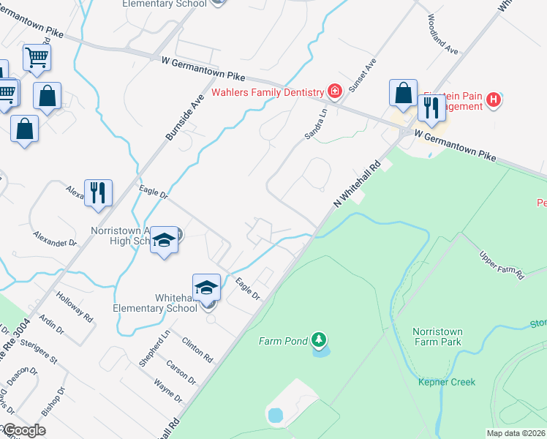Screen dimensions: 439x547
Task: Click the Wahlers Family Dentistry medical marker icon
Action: [x=334, y=91]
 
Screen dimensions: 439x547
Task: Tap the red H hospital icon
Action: [x=494, y=100]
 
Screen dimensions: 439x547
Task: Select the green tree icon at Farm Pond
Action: [x=317, y=339]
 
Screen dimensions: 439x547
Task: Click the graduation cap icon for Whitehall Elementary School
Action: [x=207, y=286]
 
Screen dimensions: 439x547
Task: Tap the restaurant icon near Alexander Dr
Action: [x=98, y=192]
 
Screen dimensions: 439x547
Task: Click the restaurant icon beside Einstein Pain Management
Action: [x=431, y=108]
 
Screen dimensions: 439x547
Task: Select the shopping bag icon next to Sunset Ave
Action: [x=403, y=92]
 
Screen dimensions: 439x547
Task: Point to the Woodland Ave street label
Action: [x=443, y=44]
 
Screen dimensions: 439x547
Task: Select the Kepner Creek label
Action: [x=447, y=382]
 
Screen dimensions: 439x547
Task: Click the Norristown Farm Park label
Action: [x=437, y=336]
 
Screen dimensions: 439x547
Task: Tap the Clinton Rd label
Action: [x=197, y=350]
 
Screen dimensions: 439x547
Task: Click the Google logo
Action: [x=24, y=430]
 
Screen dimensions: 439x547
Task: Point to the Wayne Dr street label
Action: [x=168, y=390]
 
